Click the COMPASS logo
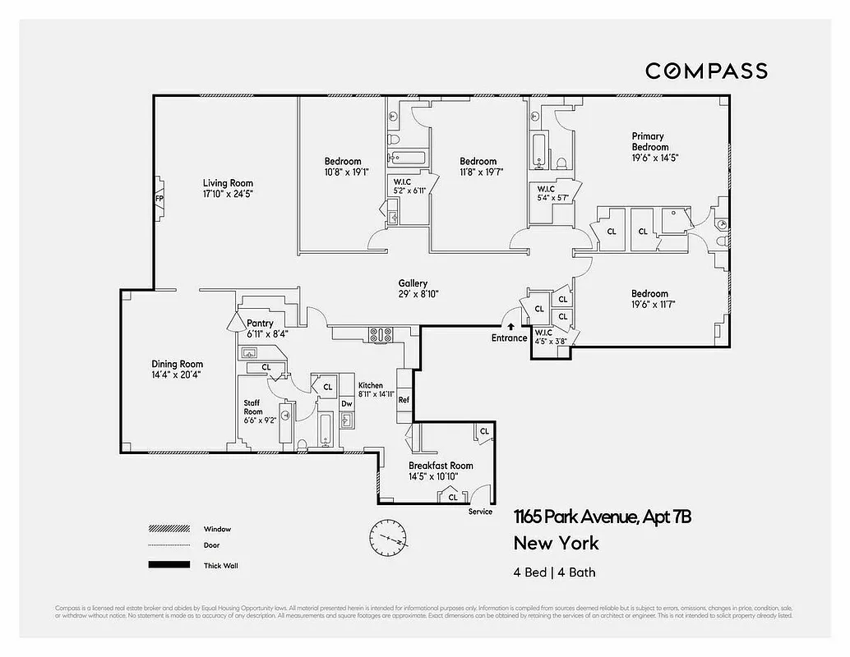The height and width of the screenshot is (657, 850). click(x=706, y=71)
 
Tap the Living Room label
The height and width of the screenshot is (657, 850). click(x=228, y=183)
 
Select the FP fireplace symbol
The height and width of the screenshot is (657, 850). click(x=159, y=198)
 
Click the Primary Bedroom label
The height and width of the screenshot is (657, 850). click(x=649, y=141)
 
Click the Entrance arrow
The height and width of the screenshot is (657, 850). click(x=511, y=327)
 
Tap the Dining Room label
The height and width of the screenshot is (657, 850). click(x=177, y=364)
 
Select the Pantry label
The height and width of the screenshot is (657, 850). click(x=260, y=324)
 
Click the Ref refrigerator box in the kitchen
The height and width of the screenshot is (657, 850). click(x=404, y=400)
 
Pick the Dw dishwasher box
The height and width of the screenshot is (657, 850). click(x=347, y=404)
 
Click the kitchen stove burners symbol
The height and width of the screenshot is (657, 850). click(x=381, y=334)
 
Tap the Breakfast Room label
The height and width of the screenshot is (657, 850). click(x=441, y=466)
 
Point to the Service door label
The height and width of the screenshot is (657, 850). click(x=480, y=512)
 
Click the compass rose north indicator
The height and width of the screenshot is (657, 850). click(x=387, y=538)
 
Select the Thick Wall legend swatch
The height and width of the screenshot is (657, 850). click(x=169, y=565)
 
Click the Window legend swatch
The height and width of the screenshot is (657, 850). click(x=169, y=529)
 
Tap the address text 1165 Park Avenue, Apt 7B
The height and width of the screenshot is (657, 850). click(x=602, y=517)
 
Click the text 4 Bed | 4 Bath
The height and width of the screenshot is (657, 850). click(x=554, y=572)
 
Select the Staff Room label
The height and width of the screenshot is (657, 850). click(x=252, y=407)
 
